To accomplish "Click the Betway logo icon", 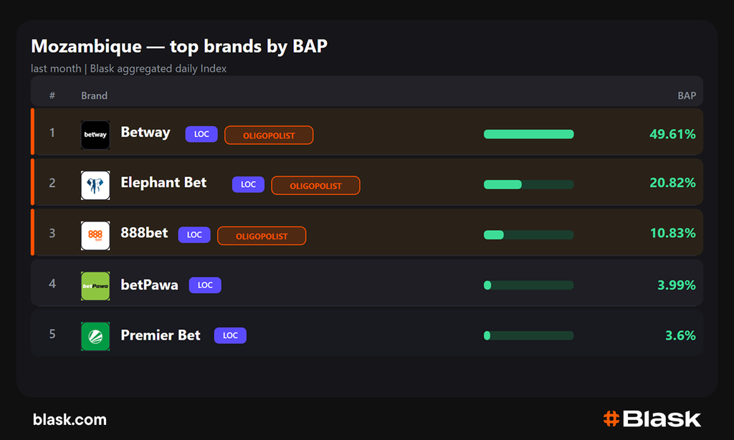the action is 95,135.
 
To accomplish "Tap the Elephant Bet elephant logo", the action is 95,185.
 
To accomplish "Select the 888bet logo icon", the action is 95,236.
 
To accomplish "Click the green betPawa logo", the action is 95,286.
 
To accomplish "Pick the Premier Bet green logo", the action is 95,336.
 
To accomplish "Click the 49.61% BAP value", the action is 672,134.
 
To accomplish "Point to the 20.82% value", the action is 672,183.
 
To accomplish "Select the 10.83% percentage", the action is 672,233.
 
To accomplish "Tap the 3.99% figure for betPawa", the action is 677,285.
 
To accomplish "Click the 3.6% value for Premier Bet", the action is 680,335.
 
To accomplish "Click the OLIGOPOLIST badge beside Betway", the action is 269,135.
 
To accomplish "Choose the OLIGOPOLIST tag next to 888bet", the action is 262,236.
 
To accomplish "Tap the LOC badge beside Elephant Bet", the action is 248,184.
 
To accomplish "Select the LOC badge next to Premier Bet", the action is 230,335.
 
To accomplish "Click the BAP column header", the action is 687,95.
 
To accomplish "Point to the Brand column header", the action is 94,95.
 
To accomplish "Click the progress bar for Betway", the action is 528,134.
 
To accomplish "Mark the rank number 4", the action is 52,284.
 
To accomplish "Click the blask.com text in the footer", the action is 70,419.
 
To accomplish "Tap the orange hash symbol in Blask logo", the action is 611,419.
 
